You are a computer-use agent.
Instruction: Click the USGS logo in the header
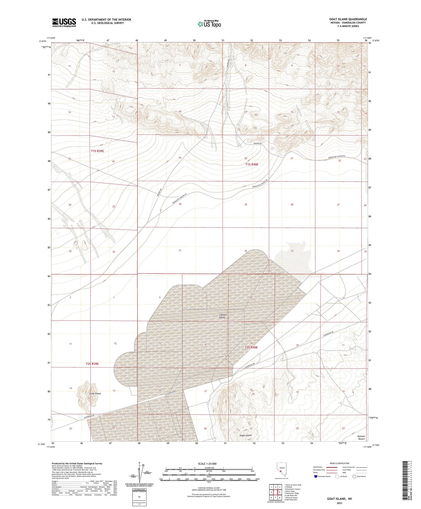click(64, 22)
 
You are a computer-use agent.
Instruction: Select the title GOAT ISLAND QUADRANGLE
click(348, 19)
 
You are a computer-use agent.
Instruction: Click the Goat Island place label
click(95, 394)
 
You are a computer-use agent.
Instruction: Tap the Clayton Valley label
click(223, 316)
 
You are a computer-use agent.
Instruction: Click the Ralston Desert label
click(361, 437)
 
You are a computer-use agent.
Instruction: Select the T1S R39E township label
click(97, 151)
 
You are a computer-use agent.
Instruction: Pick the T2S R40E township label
click(251, 347)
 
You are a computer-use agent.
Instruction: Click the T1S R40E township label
click(251, 165)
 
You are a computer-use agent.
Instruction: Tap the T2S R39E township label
click(92, 364)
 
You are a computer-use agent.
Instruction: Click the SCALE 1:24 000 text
click(207, 464)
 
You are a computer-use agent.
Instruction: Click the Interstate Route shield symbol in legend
click(316, 476)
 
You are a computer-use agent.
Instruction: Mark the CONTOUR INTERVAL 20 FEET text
click(209, 488)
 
